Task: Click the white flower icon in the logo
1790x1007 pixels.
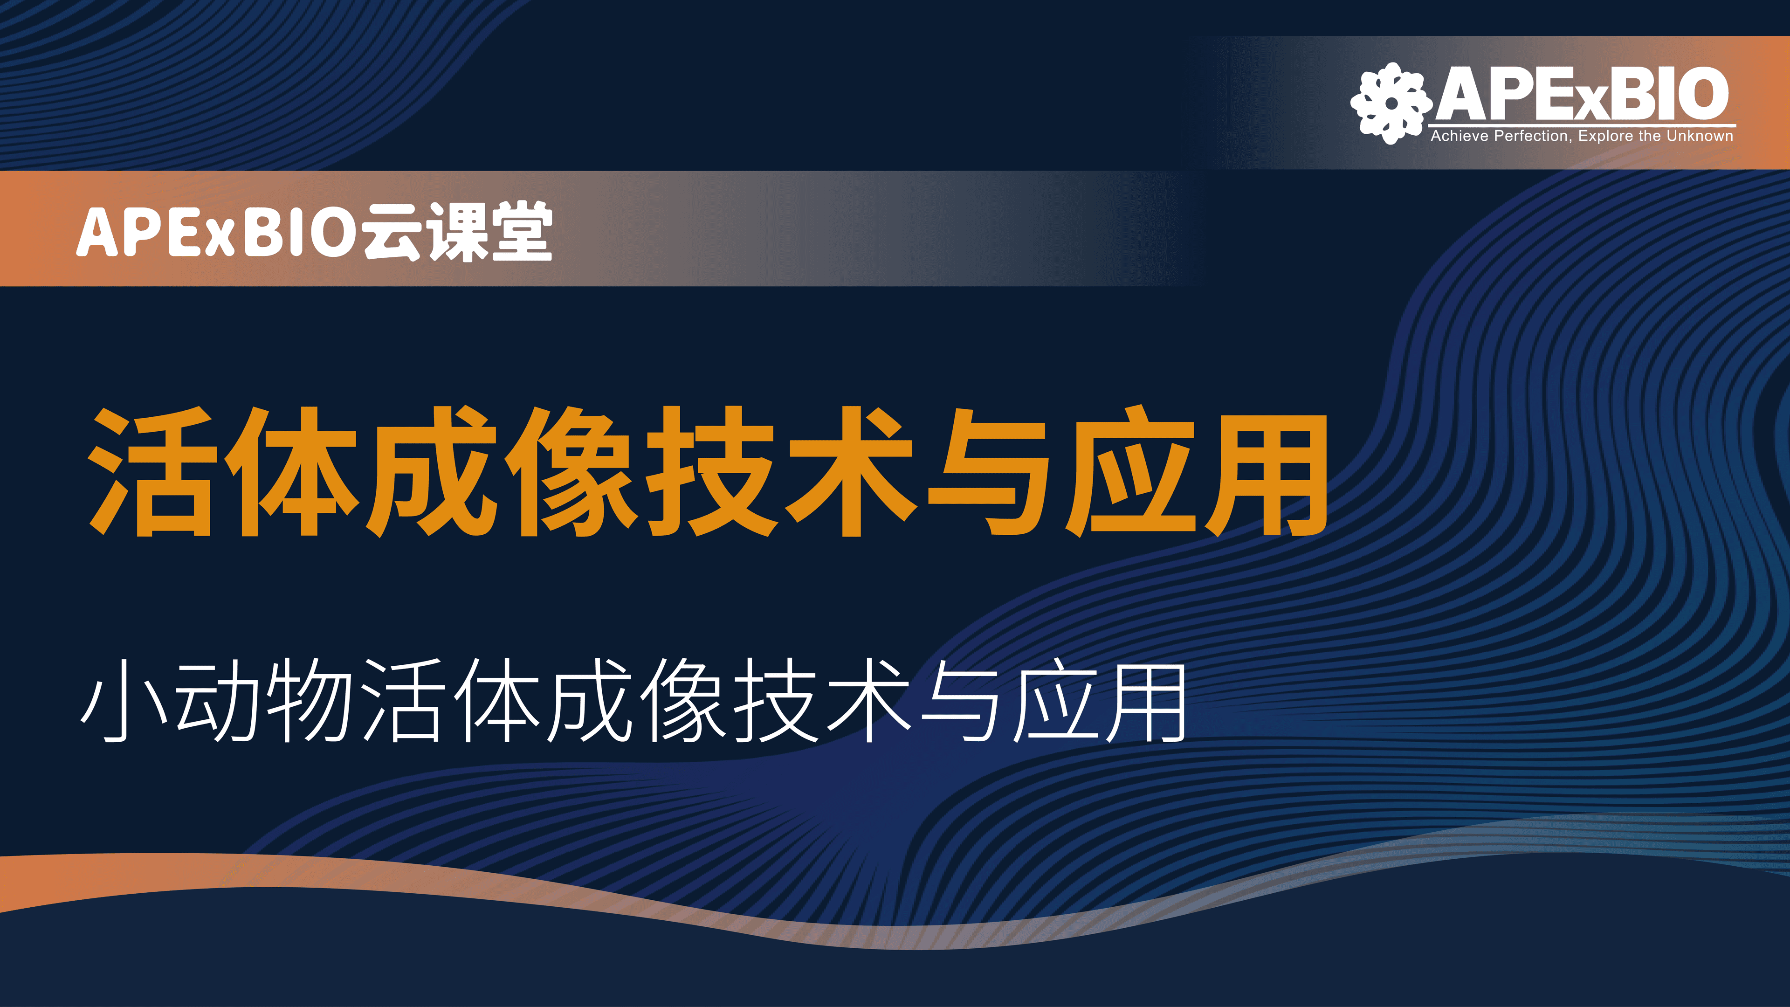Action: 1391,103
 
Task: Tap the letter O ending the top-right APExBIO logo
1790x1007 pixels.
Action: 1702,93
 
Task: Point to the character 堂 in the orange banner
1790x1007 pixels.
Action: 522,231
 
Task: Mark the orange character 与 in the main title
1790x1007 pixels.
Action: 989,473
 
